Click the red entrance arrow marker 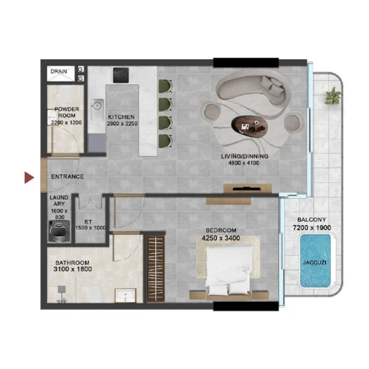pyautogui.click(x=28, y=178)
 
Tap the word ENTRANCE pyautogui.click(x=67, y=177)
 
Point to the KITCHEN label pyautogui.click(x=122, y=116)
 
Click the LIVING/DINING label pyautogui.click(x=245, y=156)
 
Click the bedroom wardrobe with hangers pyautogui.click(x=157, y=267)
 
